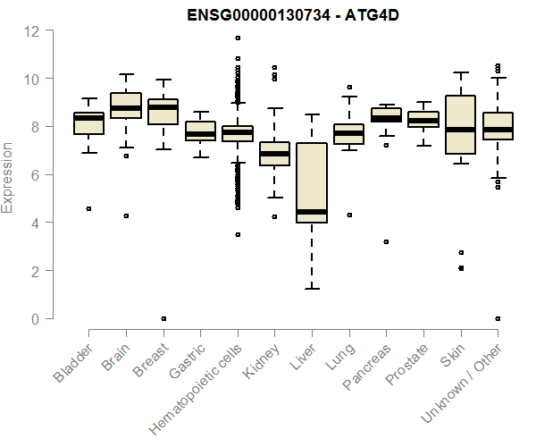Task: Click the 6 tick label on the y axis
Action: click(x=34, y=174)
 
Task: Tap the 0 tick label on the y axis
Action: click(x=34, y=318)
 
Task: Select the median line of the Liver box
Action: click(x=311, y=212)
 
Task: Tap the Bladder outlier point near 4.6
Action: click(x=88, y=208)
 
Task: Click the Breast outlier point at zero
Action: click(x=163, y=318)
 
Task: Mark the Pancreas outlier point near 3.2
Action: click(x=386, y=241)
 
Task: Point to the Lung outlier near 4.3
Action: click(x=348, y=215)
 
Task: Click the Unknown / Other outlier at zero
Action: click(x=497, y=318)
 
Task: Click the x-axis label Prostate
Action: click(x=407, y=367)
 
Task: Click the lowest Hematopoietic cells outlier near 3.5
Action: click(x=237, y=234)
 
